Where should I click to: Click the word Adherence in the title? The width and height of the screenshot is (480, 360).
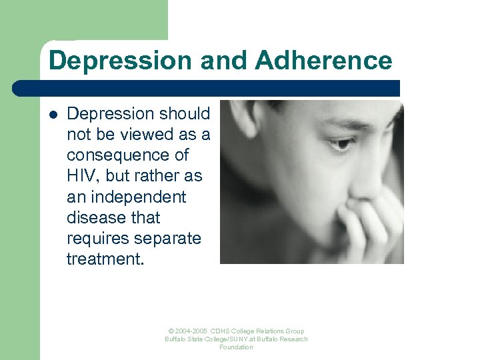point(323,61)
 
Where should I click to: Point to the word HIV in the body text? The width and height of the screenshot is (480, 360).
point(81,176)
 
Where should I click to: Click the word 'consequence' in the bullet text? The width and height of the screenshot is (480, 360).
point(127,155)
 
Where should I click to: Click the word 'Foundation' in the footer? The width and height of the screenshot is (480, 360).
point(236,347)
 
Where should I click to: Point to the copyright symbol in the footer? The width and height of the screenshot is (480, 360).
point(171,331)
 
